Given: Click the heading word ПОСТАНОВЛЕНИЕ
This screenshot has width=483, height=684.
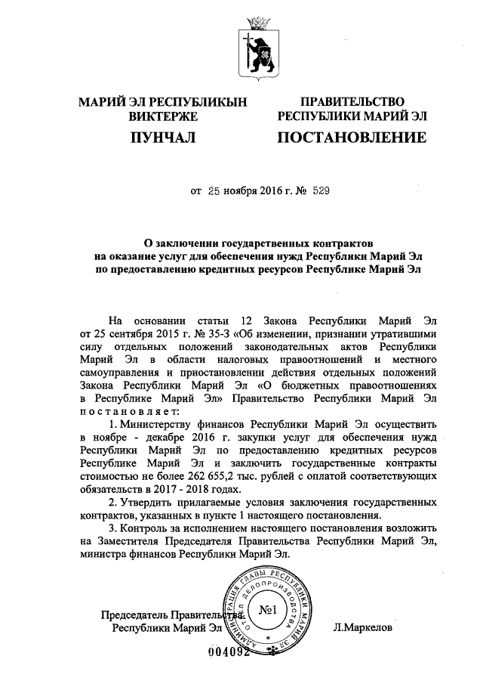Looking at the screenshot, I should tap(352, 138).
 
